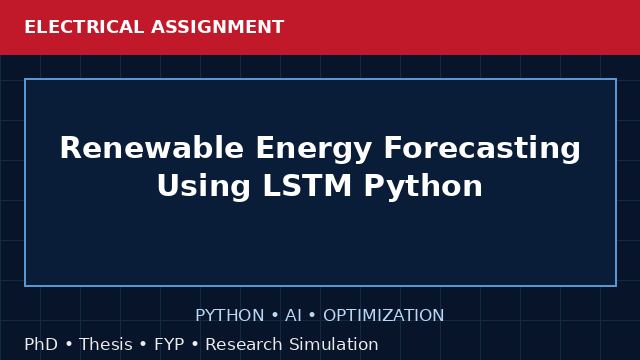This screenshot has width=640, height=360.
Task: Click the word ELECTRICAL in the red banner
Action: tap(84, 27)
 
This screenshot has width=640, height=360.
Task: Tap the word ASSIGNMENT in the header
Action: tap(218, 27)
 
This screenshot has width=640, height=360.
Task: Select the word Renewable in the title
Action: tap(152, 147)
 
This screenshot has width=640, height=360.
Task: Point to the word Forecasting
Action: tap(482, 149)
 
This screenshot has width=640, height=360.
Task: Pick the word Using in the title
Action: tap(203, 187)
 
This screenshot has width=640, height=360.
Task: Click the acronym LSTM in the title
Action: tap(307, 185)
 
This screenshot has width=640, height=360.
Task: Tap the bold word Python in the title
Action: tap(423, 187)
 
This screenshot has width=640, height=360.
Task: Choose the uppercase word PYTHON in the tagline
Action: tap(230, 316)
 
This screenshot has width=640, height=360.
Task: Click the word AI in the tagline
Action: tap(293, 316)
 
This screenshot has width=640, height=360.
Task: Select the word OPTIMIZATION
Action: tap(384, 316)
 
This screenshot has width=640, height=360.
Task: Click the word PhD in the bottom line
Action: tap(41, 344)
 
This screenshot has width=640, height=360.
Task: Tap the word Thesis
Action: tap(106, 344)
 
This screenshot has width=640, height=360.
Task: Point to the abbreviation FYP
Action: tap(169, 344)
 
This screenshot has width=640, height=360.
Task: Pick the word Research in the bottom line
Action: tap(244, 344)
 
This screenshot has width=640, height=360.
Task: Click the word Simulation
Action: tap(334, 344)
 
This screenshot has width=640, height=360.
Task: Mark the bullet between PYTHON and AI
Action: tap(275, 316)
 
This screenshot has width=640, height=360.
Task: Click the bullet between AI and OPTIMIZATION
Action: tap(313, 316)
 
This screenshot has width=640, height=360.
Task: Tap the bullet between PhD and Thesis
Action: tap(69, 344)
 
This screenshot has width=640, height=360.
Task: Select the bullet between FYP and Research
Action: tap(195, 344)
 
